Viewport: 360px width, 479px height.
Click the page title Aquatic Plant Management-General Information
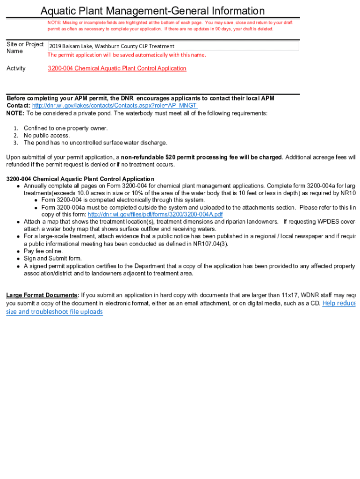pyautogui.click(x=152, y=11)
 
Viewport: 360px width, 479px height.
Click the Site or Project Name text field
pyautogui.click(x=173, y=46)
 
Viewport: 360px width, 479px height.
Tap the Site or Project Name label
pyautogui.click(x=25, y=48)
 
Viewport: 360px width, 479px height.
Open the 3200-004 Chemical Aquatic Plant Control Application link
pyautogui.click(x=117, y=68)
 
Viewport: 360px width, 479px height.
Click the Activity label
pyautogui.click(x=16, y=68)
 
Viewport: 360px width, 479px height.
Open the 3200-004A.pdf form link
pyautogui.click(x=155, y=214)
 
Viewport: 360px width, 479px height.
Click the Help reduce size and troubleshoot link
pyautogui.click(x=338, y=303)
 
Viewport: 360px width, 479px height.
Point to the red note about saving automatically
pyautogui.click(x=126, y=55)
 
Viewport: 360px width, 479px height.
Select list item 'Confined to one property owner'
pyautogui.click(x=65, y=128)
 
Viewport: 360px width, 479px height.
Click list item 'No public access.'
pyautogui.click(x=47, y=136)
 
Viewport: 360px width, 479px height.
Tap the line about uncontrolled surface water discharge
pyautogui.click(x=95, y=143)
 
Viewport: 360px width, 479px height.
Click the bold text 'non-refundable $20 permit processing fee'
pyautogui.click(x=201, y=157)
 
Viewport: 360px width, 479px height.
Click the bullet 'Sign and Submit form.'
pyautogui.click(x=52, y=258)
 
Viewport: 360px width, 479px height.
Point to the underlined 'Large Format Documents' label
pyautogui.click(x=42, y=295)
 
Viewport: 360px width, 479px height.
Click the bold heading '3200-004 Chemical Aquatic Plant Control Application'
pyautogui.click(x=80, y=179)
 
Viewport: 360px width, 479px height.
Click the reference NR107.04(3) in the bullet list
pyautogui.click(x=216, y=244)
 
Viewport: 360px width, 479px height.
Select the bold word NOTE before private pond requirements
pyautogui.click(x=15, y=113)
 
